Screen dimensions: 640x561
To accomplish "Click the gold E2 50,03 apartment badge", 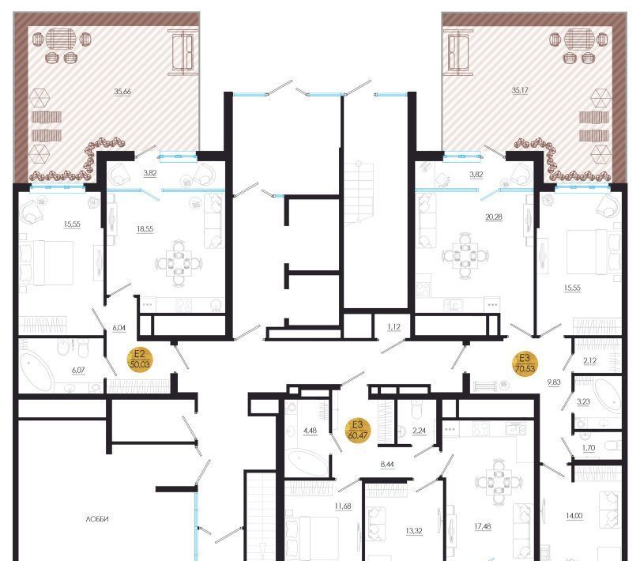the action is (139, 359).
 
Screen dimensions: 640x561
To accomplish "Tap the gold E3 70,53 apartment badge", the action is (525, 363).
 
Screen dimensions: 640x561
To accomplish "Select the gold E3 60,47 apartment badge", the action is (358, 430).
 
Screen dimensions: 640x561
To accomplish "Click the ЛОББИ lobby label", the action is (97, 519).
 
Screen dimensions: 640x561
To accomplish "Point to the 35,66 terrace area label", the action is (122, 92).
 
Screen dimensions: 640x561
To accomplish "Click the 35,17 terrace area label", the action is (520, 90).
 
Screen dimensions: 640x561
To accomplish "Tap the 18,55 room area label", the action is (145, 229).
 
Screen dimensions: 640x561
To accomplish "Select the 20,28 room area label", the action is (494, 216).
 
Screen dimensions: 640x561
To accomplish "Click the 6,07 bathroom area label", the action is (78, 371).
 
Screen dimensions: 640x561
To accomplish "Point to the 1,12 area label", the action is (394, 326).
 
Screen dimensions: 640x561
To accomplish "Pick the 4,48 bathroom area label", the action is (311, 431).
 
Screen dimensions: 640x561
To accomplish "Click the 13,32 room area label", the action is (414, 531).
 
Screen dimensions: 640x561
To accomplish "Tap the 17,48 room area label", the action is (483, 526).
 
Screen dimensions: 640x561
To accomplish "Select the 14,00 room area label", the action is (574, 516).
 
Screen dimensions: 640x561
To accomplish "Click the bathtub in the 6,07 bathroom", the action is (36, 372).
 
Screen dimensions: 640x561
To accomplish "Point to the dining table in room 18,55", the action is (179, 263).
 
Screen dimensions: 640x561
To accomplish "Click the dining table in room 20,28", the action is (465, 256).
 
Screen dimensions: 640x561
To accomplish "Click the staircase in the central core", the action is (358, 193).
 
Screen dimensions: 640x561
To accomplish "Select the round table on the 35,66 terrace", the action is (61, 39).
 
